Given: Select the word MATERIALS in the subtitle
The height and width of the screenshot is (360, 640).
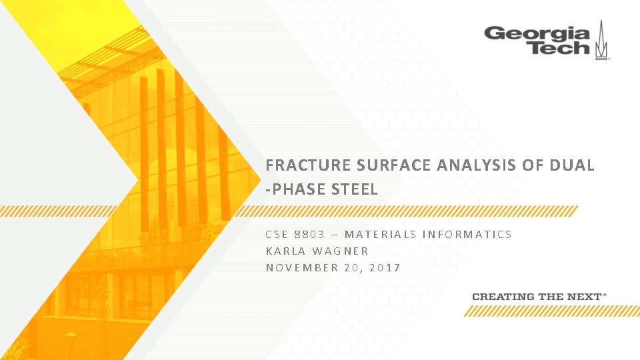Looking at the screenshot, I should tap(381, 234).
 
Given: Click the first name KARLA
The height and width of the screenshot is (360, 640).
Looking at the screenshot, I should tap(286, 251).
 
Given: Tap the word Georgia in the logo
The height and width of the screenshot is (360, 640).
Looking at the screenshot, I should tap(537, 33).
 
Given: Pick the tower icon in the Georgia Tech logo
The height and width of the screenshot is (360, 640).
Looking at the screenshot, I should tap(602, 40).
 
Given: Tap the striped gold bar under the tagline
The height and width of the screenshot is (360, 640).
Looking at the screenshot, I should tap(552, 311).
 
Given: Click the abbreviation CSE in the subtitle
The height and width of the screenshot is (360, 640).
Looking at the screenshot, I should tap(276, 234).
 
